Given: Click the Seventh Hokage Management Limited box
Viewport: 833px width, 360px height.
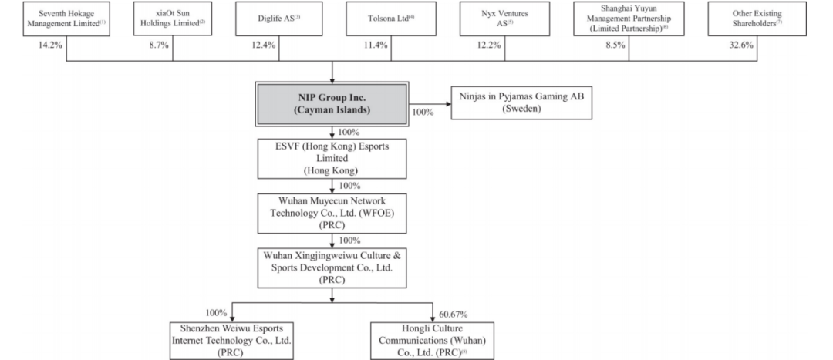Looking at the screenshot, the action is (66, 19).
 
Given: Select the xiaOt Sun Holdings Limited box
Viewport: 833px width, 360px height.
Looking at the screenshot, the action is (173, 19).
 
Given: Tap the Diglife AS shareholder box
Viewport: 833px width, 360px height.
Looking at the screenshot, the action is (279, 19).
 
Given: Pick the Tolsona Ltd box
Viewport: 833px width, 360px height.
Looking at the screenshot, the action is (391, 19).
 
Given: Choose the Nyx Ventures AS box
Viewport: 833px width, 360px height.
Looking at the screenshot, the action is (504, 19).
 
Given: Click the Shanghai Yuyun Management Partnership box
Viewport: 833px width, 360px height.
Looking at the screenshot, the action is (629, 19).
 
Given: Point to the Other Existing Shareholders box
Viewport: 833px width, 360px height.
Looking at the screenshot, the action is (757, 19).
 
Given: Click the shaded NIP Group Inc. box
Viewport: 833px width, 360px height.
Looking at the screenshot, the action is (332, 104).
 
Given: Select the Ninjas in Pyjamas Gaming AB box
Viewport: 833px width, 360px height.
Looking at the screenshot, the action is (521, 103).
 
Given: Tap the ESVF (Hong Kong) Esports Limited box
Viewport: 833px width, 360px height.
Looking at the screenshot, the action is (332, 159).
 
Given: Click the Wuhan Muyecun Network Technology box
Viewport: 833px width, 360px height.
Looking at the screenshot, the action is (332, 214).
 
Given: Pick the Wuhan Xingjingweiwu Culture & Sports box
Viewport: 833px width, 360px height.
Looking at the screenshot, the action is (332, 268).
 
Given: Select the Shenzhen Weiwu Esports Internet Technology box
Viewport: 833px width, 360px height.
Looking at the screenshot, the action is (231, 341).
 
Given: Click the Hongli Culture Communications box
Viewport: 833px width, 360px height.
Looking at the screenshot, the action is (432, 341).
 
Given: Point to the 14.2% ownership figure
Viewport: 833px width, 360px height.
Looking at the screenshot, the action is (50, 45).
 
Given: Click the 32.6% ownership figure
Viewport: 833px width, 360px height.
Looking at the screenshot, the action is (741, 45).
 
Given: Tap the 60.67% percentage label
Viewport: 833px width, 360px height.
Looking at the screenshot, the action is (454, 315).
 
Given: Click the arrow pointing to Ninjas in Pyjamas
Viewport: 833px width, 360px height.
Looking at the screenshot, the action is (430, 103).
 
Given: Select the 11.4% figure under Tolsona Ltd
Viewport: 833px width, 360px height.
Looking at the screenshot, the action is (376, 45).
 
